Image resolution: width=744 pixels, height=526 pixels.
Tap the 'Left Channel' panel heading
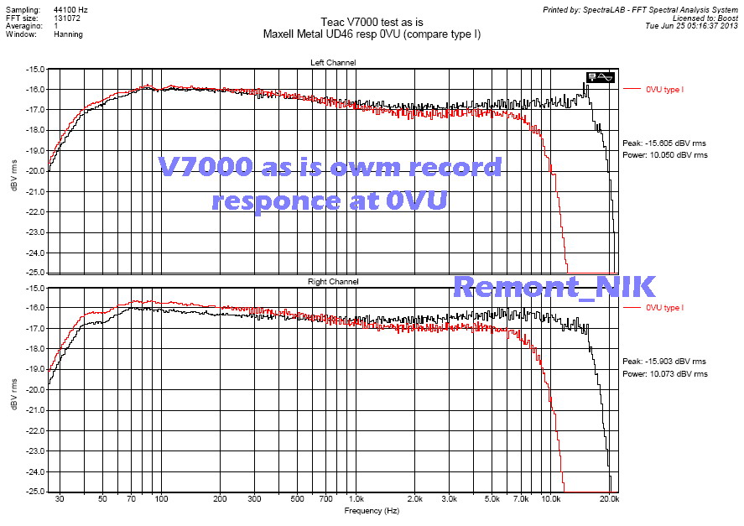tap(333, 63)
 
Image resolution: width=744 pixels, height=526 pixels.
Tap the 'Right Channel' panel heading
tap(333, 282)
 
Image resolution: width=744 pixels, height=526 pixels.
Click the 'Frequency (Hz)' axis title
tap(372, 510)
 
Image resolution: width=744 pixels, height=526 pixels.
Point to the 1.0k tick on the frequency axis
tap(356, 499)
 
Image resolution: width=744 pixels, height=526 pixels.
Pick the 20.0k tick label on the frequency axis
tap(610, 499)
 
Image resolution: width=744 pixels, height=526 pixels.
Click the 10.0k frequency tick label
tap(551, 499)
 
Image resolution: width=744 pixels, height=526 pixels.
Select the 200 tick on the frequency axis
tap(220, 499)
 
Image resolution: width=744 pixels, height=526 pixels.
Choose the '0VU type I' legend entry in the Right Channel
tap(665, 308)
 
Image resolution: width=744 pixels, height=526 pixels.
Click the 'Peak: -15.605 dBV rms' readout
tap(664, 143)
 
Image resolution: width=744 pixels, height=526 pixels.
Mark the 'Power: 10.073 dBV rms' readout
tap(664, 373)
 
